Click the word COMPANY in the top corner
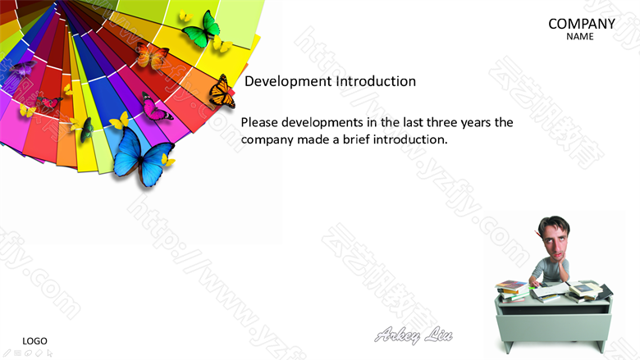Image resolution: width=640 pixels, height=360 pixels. point(582,24)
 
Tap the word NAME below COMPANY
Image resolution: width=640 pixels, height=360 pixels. point(580,37)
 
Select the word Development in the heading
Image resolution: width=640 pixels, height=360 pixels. point(288,81)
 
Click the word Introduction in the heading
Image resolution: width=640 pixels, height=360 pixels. point(376,81)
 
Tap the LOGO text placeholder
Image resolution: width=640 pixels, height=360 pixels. point(34,341)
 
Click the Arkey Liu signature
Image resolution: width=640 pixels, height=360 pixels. point(413,335)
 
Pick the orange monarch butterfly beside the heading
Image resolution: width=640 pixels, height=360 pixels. point(222,92)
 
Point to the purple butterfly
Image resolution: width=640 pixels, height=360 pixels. point(22,69)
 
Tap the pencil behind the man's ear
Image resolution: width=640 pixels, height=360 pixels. point(538,235)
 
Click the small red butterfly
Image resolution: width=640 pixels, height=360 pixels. point(50,103)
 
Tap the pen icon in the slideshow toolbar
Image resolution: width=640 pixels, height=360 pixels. point(7,353)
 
